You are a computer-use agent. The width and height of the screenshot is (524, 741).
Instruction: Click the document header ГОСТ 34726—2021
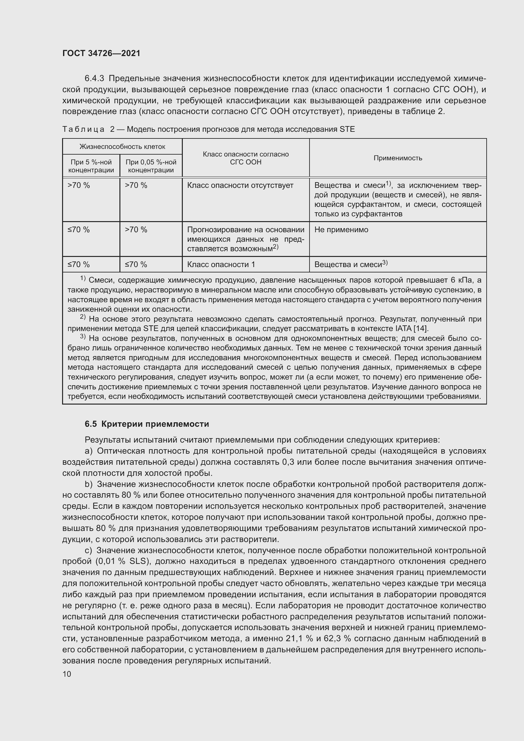coord(101,53)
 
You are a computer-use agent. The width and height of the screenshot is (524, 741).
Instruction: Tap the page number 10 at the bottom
coord(67,674)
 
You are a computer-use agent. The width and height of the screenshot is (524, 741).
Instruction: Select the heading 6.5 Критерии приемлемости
coord(147,424)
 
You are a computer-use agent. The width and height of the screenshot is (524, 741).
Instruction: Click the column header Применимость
coord(398,158)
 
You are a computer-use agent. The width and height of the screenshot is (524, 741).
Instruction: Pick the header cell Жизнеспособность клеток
coord(122,147)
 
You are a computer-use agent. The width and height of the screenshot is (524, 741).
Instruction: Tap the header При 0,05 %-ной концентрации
coord(151,166)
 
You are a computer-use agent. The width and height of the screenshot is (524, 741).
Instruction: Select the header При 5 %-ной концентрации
coord(91,166)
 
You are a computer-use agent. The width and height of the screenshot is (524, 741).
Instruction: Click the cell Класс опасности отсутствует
coord(240,185)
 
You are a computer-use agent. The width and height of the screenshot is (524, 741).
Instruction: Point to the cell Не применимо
coord(341,229)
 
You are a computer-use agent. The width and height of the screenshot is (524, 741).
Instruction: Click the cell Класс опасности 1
coord(221,264)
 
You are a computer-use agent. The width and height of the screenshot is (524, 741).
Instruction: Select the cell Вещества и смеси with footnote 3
coord(350,264)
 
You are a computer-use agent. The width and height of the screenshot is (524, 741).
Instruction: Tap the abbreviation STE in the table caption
coord(347,130)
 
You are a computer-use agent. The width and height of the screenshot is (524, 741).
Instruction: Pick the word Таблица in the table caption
coord(83,130)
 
